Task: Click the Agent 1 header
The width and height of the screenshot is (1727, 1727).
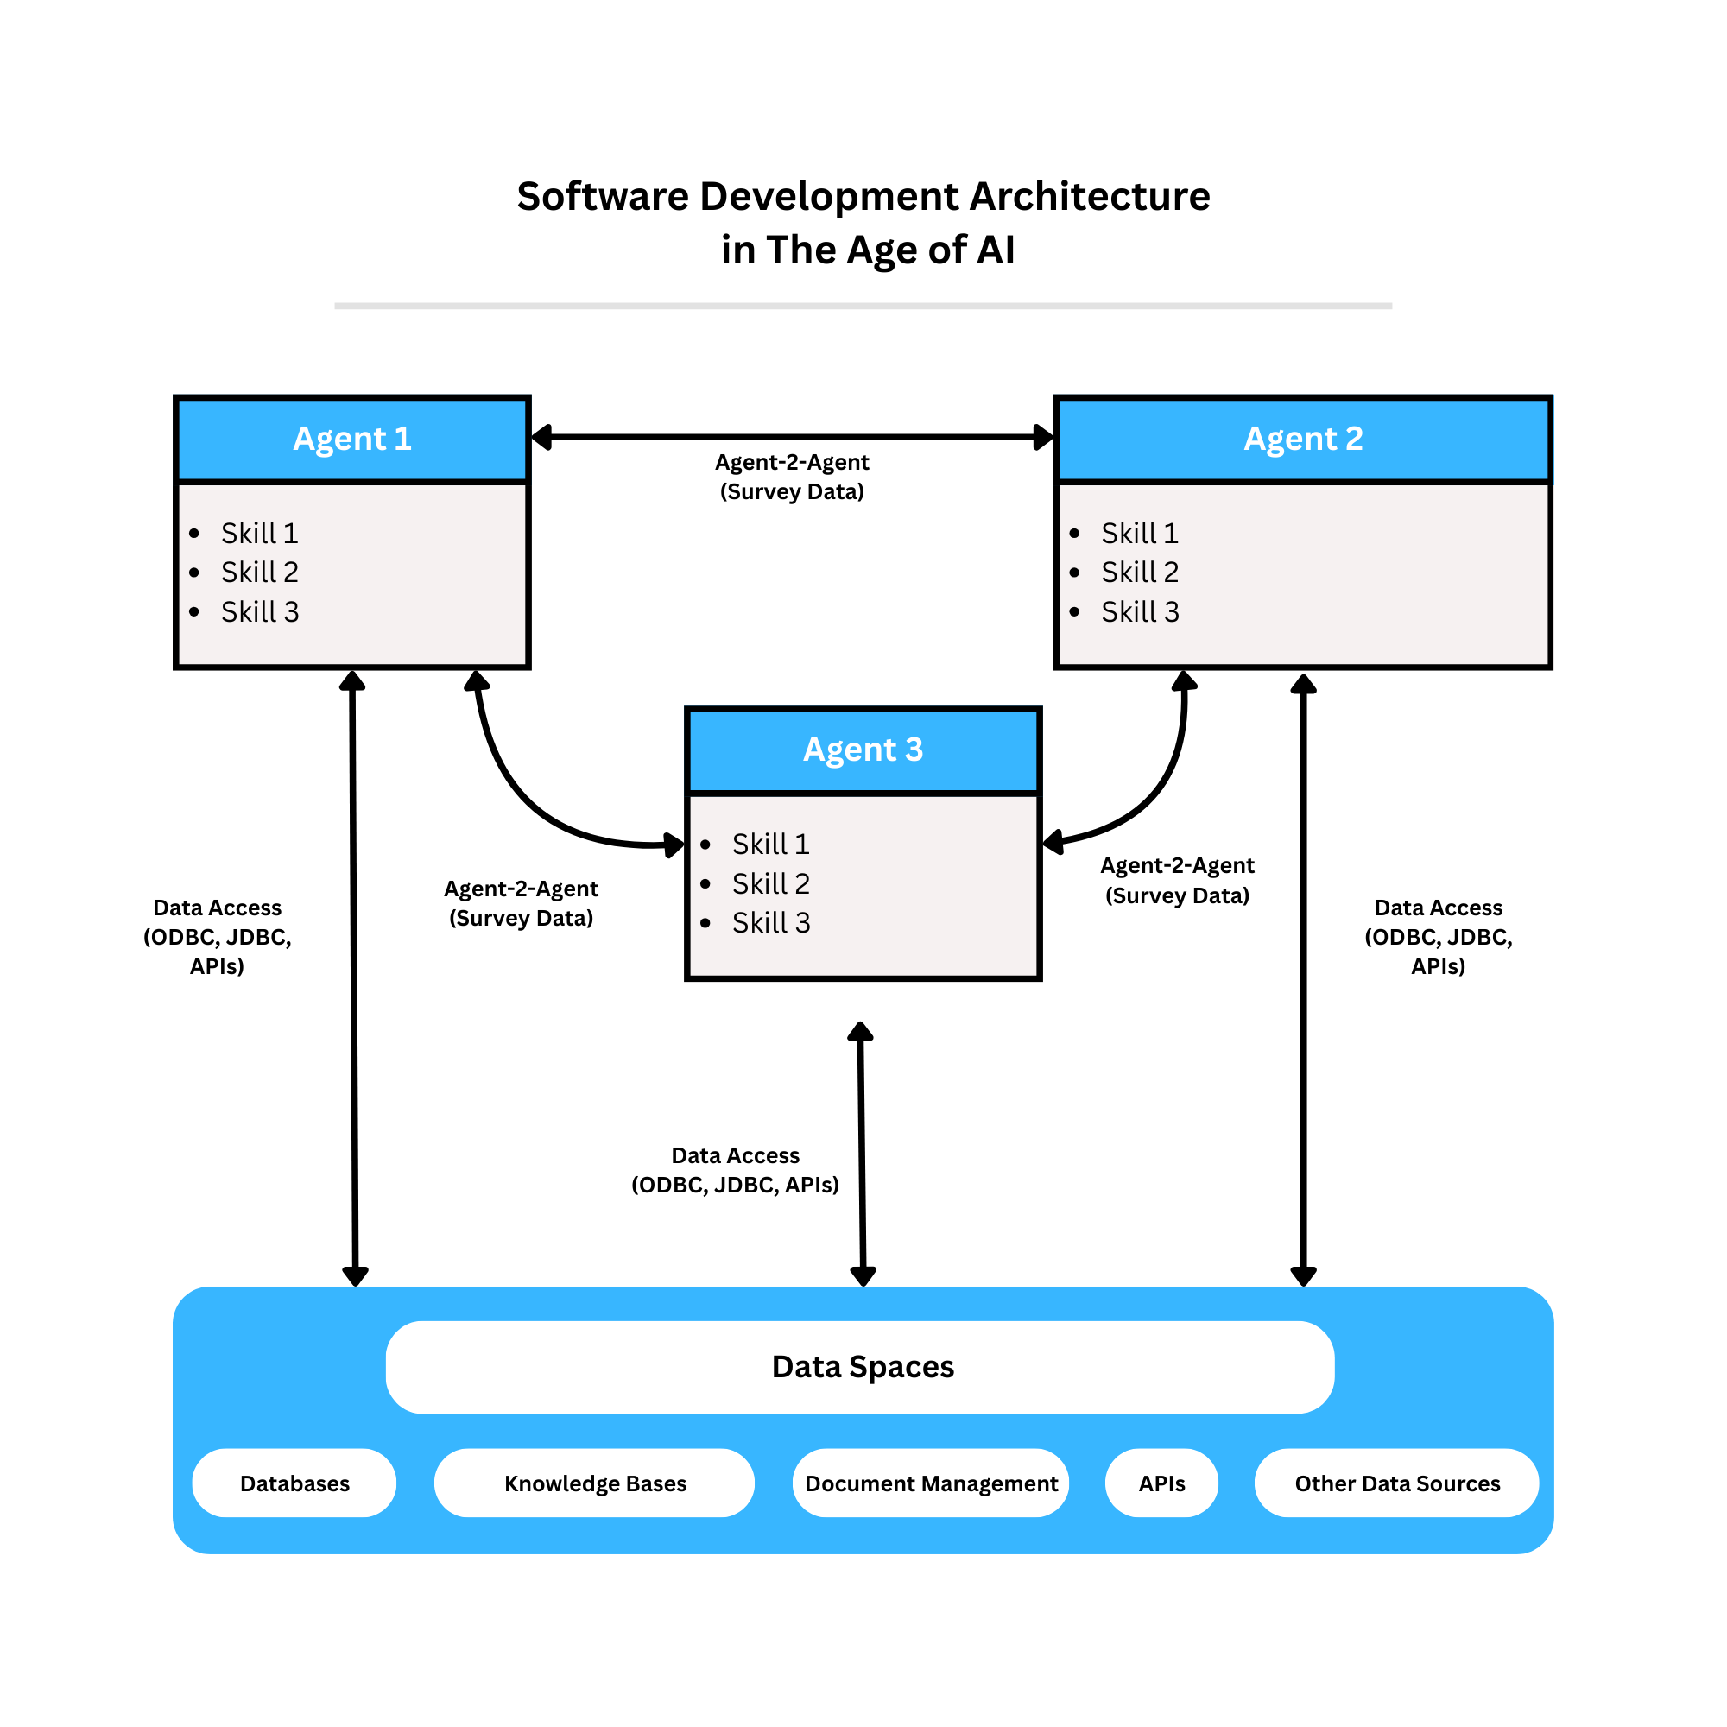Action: click(352, 439)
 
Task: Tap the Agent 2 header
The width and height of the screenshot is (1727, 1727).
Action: click(1302, 439)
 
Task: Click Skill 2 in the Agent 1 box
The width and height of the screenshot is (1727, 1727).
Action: click(259, 573)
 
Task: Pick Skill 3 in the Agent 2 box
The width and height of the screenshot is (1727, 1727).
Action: click(1140, 611)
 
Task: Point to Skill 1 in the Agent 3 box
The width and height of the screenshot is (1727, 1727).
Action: click(770, 844)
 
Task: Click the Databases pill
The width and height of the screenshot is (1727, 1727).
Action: click(294, 1483)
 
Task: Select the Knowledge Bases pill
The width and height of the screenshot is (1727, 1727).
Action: click(594, 1483)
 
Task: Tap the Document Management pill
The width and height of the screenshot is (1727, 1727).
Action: click(931, 1483)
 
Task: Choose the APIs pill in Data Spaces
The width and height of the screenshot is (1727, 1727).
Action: click(1161, 1483)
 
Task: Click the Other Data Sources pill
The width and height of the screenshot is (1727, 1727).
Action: click(1396, 1483)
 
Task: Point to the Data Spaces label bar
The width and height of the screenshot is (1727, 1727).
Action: click(860, 1367)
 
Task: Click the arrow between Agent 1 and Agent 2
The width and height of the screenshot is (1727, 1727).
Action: click(792, 437)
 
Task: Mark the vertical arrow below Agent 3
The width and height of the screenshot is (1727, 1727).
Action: click(862, 1153)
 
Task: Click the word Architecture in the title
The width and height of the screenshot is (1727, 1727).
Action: click(1090, 197)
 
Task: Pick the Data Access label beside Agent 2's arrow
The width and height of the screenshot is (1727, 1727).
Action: click(1438, 937)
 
